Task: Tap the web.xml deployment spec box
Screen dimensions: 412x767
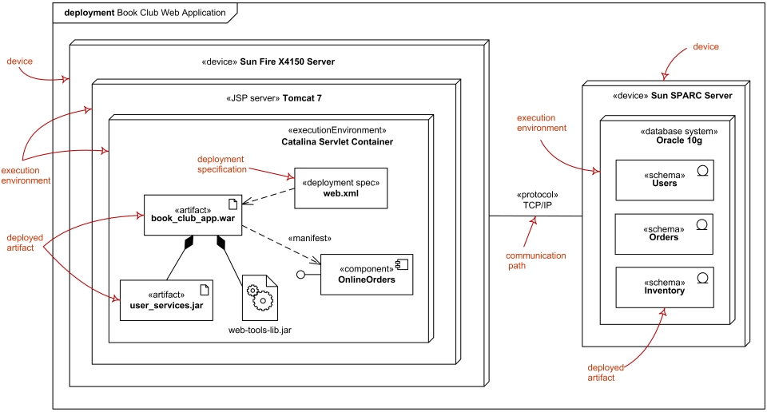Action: [340, 188]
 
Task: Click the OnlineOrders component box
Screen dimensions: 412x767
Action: [367, 274]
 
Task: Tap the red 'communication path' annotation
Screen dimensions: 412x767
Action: [536, 261]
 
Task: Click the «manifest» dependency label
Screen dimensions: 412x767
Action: [309, 238]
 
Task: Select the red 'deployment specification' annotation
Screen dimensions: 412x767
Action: [221, 164]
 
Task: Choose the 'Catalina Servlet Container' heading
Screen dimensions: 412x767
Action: [337, 141]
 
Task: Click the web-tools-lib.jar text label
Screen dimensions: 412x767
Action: [260, 330]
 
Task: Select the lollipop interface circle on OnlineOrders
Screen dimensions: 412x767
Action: [300, 275]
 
